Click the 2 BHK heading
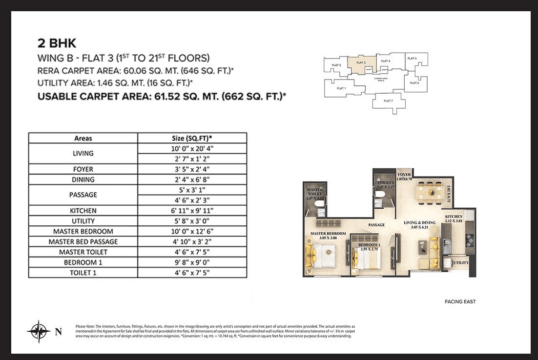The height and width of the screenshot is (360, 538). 57,42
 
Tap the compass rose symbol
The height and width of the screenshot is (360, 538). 39,332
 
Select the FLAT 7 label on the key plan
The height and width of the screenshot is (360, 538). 388,100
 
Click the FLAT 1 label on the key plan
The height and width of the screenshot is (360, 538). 341,88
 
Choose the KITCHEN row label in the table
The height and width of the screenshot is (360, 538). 83,211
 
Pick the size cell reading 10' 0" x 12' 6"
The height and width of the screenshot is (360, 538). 192,231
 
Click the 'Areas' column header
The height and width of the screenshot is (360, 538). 83,138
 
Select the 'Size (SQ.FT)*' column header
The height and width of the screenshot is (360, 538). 192,138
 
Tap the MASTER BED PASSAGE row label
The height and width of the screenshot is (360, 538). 83,241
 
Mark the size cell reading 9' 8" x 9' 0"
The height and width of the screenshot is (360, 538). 192,262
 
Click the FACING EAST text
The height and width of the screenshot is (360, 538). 460,301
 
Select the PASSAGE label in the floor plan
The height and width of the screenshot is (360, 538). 377,225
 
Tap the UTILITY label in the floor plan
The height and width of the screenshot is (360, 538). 461,262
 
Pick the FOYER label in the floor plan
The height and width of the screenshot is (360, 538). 404,175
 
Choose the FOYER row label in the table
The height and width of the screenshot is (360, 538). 83,169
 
